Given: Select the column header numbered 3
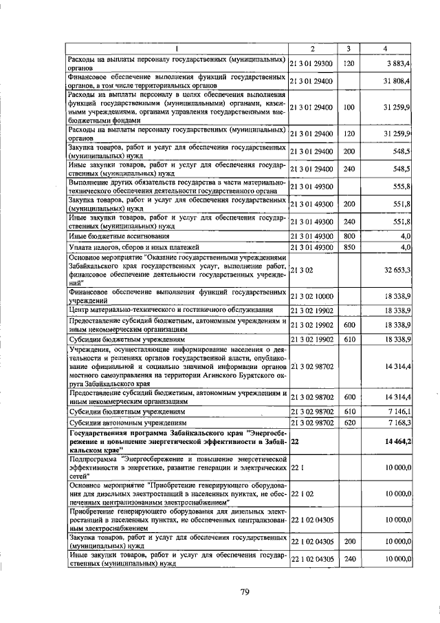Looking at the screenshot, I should pyautogui.click(x=349, y=49).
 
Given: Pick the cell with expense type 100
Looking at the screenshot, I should pyautogui.click(x=349, y=107).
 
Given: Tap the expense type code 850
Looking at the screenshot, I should pyautogui.click(x=349, y=246).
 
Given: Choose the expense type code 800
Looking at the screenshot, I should pyautogui.click(x=349, y=235).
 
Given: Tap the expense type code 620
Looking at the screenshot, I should pyautogui.click(x=349, y=422).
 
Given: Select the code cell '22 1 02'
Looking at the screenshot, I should pyautogui.click(x=303, y=493).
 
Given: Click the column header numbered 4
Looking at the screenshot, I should pyautogui.click(x=389, y=49).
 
